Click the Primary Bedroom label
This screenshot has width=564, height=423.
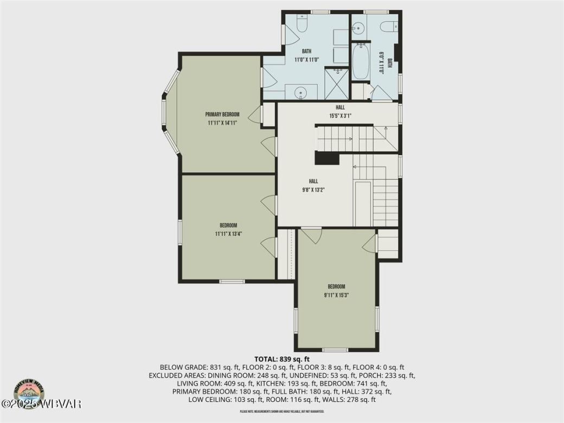tap(222, 114)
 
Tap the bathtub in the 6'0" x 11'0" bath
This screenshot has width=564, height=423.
tap(361, 62)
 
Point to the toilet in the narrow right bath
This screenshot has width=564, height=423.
tap(387, 25)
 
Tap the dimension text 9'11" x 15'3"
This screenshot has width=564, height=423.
tap(336, 296)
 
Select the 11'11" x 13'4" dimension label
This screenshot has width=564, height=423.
tap(228, 234)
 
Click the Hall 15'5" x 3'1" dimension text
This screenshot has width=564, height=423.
tap(340, 116)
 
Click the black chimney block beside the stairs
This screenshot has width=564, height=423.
tap(326, 158)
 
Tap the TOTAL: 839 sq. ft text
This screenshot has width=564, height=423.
tap(281, 359)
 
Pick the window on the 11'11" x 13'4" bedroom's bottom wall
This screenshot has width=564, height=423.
tap(232, 281)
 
